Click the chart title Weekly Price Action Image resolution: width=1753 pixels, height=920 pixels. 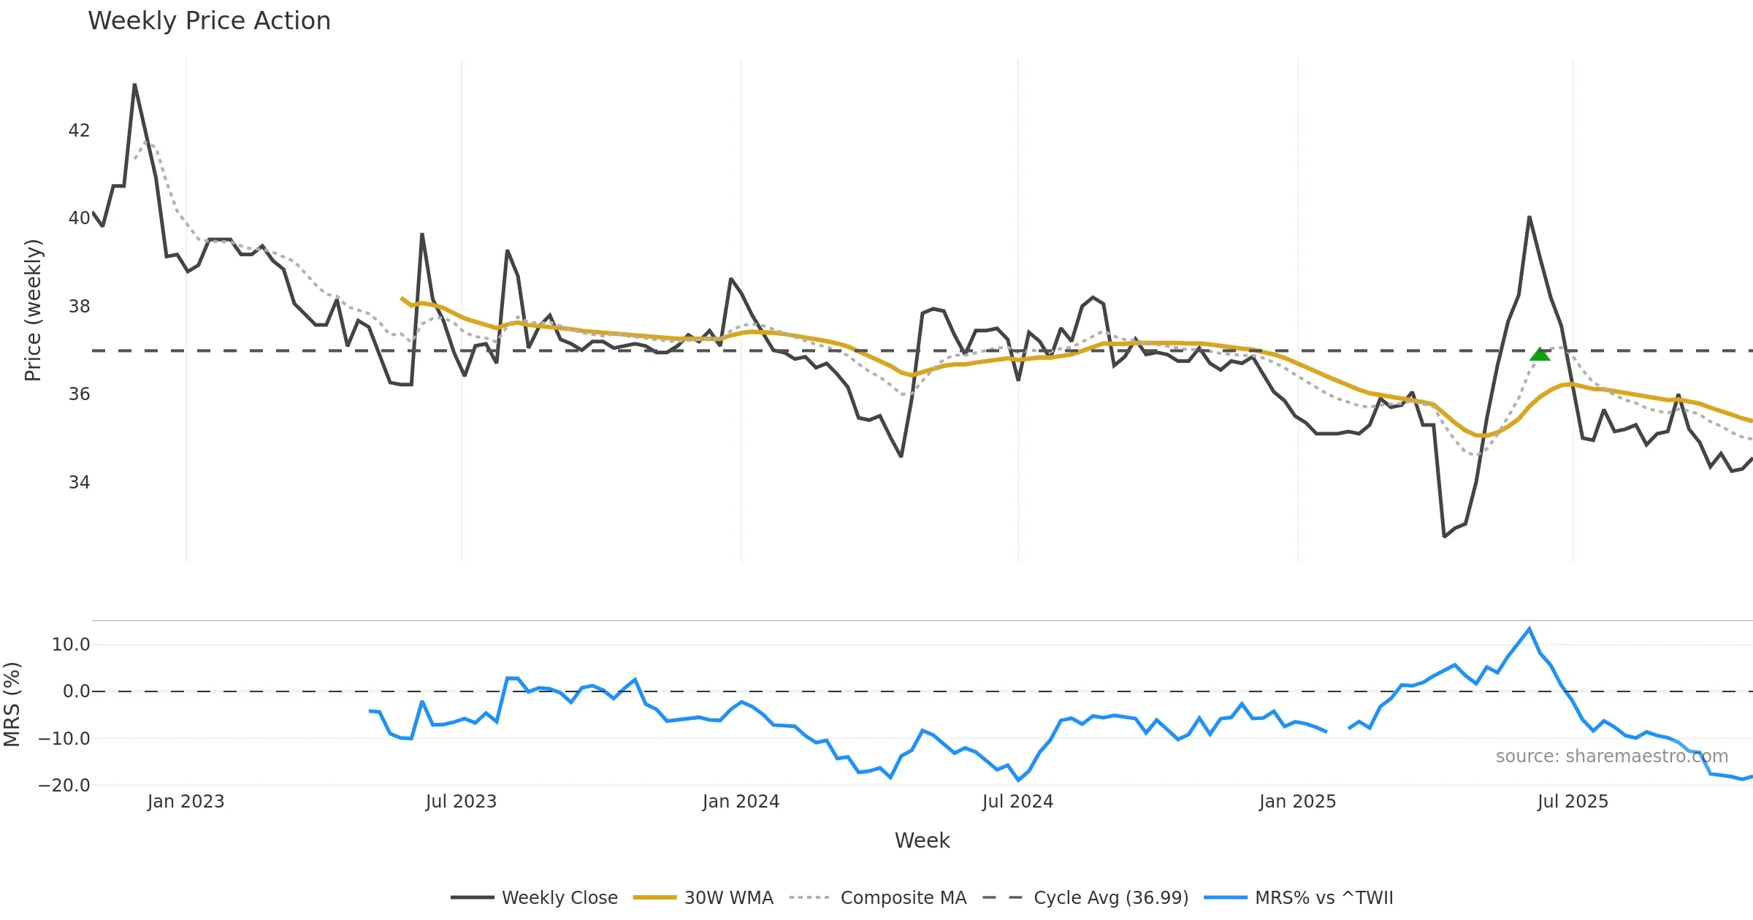point(209,21)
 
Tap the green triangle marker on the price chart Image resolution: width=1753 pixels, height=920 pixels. point(1540,354)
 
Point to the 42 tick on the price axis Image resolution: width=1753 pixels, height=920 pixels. point(79,131)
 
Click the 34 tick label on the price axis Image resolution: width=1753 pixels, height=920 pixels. point(79,483)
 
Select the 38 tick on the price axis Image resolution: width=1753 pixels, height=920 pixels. point(79,307)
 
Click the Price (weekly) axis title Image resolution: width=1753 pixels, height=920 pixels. point(34,310)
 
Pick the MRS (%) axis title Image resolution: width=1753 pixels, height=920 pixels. point(12,705)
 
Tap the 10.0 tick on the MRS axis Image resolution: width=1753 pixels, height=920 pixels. point(71,645)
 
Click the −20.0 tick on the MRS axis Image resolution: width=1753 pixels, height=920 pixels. point(64,786)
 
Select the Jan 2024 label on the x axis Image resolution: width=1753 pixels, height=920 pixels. point(741,802)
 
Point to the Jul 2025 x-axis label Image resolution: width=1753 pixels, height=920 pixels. point(1573,802)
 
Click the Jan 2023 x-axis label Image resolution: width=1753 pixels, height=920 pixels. point(186,802)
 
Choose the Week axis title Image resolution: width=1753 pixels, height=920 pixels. point(922,841)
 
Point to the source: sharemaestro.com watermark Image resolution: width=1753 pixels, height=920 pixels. point(1611,756)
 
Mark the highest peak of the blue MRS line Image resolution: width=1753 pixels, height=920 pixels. point(1529,629)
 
